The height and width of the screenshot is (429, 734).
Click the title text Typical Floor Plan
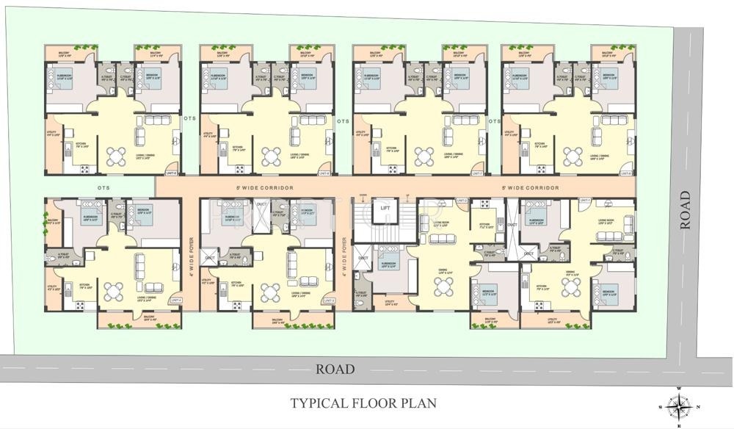[x=363, y=403]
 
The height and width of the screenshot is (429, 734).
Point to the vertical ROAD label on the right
[x=686, y=211]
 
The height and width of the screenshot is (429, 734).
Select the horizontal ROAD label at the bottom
[x=335, y=369]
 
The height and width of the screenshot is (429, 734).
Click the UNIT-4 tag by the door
[x=175, y=300]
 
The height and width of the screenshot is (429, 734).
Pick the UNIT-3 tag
[x=328, y=300]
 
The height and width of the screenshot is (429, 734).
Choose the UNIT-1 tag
[x=585, y=201]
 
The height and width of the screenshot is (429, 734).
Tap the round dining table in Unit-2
[x=443, y=286]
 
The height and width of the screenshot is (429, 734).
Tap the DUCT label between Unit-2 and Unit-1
[x=512, y=226]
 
